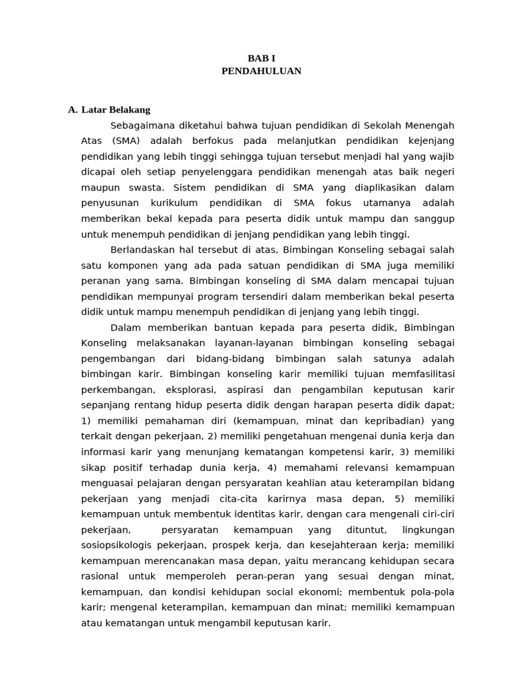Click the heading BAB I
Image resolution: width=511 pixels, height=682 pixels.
point(261,59)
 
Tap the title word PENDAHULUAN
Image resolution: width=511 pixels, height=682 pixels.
point(261,71)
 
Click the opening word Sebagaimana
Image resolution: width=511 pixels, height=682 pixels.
point(140,126)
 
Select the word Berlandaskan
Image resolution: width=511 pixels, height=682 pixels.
point(142,250)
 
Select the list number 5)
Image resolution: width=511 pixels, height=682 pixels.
point(399,499)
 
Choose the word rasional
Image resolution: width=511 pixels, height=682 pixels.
point(100,576)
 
